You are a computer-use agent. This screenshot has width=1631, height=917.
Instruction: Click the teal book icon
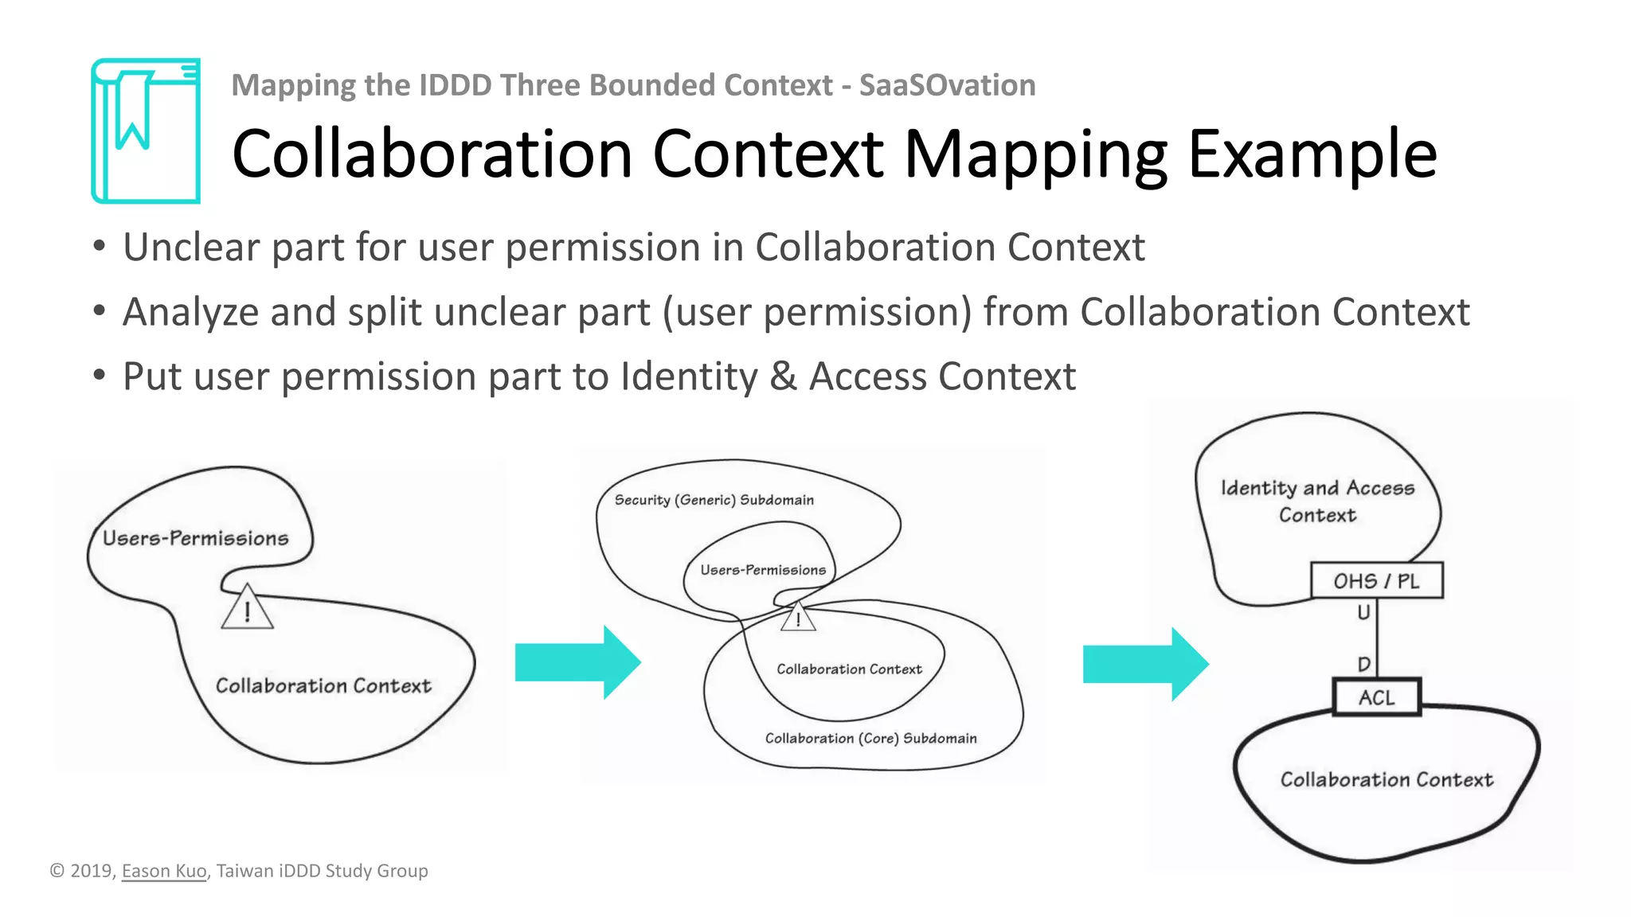point(146,131)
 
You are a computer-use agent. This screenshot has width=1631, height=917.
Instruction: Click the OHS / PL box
point(1376,581)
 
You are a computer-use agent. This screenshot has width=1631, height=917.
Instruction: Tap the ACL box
point(1376,697)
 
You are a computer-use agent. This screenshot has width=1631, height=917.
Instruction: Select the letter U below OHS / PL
point(1363,612)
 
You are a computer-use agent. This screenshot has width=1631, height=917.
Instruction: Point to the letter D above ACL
point(1363,664)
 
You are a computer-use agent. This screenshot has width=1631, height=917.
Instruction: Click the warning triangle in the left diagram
point(247,610)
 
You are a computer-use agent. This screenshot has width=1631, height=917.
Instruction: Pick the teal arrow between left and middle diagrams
point(577,662)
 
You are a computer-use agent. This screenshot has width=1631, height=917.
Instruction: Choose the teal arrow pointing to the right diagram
point(1145,664)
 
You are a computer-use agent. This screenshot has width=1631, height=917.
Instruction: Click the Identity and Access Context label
point(1317,501)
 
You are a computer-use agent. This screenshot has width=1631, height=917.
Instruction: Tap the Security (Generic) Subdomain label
point(714,500)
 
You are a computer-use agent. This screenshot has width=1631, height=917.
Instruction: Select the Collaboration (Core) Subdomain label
point(870,738)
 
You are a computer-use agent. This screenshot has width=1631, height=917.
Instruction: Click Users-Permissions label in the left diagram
point(195,538)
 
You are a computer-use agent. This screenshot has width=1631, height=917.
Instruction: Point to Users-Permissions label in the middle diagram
point(763,570)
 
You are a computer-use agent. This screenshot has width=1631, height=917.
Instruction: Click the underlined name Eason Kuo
point(164,871)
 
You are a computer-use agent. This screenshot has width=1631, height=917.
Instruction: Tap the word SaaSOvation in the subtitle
point(947,85)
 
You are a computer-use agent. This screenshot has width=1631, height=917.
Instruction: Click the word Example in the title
point(1312,154)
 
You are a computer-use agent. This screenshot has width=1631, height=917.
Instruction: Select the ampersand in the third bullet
point(783,377)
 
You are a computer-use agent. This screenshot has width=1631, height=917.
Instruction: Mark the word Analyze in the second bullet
point(190,312)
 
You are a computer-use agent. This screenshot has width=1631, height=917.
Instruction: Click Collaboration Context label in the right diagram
point(1387,779)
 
